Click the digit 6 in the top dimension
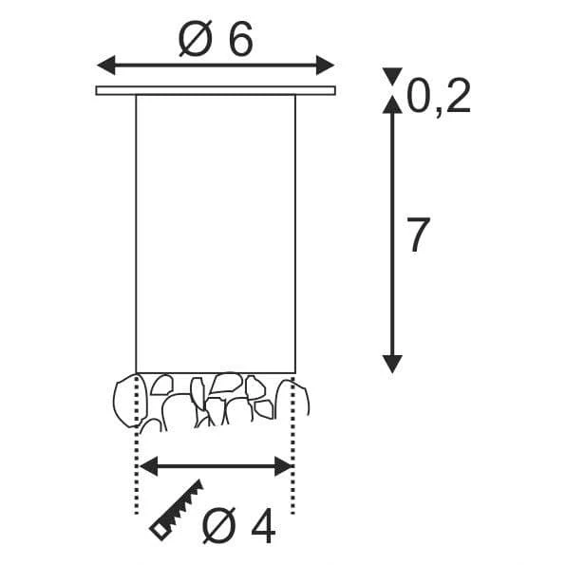(241, 40)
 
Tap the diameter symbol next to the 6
(196, 40)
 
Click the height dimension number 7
(419, 235)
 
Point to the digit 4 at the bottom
(263, 526)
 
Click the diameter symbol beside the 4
(219, 526)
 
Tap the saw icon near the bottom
(177, 510)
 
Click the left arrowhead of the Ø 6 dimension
(106, 66)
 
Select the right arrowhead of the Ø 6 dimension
(325, 65)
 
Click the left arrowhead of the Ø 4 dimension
(149, 466)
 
